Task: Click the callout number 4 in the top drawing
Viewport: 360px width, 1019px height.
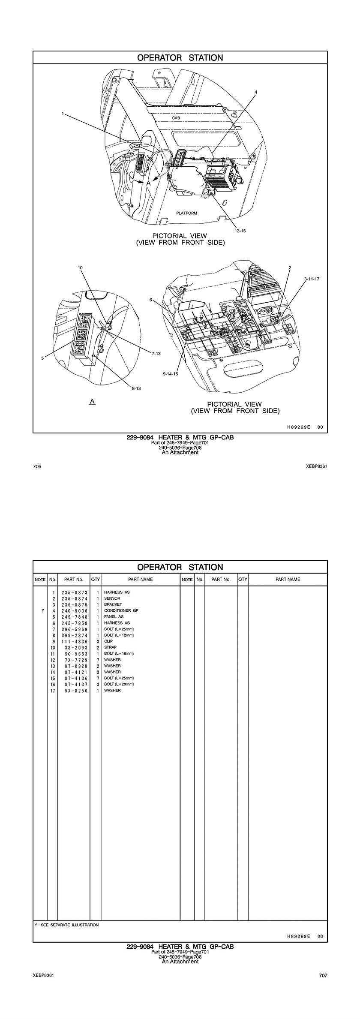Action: click(256, 92)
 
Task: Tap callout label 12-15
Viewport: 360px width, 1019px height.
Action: click(240, 231)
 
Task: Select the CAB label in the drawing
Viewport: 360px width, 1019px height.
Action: click(176, 118)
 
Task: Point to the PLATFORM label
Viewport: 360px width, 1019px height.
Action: click(187, 213)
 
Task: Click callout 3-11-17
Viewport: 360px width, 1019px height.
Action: click(312, 279)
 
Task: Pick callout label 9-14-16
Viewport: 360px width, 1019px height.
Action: click(170, 374)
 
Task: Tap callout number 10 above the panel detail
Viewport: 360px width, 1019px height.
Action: click(80, 268)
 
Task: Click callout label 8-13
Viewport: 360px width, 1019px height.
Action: click(136, 388)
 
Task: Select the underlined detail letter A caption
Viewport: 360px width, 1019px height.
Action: click(92, 401)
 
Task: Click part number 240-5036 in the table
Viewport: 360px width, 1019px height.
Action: click(74, 610)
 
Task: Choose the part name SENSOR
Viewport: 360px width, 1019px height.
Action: click(112, 598)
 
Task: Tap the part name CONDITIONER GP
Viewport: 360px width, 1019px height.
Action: click(121, 610)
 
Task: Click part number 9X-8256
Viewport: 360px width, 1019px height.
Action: click(74, 691)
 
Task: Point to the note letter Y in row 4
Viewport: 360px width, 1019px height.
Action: click(42, 610)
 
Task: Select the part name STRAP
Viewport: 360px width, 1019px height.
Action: click(110, 647)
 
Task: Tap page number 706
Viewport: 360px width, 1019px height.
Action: click(37, 466)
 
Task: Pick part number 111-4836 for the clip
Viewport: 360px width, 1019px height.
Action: click(74, 641)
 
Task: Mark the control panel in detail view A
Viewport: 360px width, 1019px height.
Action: click(84, 335)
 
